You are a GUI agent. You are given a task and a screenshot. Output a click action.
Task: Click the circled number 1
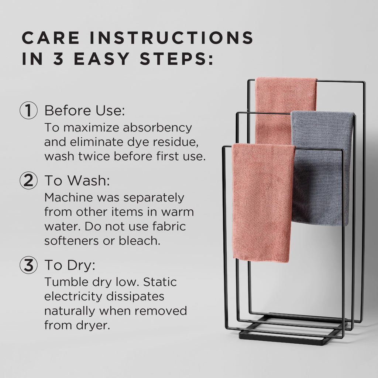tap(28, 110)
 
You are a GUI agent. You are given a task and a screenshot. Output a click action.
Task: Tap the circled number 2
tap(28, 180)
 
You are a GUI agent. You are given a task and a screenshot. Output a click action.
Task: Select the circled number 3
tap(28, 265)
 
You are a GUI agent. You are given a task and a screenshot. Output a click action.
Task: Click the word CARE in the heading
tap(51, 38)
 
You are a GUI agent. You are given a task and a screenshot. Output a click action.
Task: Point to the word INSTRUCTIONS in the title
tap(172, 38)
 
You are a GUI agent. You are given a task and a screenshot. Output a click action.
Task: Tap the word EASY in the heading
tap(102, 59)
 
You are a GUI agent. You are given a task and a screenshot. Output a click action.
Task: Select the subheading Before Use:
tap(85, 111)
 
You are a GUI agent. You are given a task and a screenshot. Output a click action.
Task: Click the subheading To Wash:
tap(77, 180)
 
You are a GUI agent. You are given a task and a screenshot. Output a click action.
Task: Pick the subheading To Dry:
tap(70, 265)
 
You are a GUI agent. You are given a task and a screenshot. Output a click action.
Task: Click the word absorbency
tap(157, 128)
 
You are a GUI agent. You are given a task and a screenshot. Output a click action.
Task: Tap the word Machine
tap(69, 197)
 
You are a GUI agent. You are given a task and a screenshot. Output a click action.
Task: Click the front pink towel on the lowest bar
tap(263, 203)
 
